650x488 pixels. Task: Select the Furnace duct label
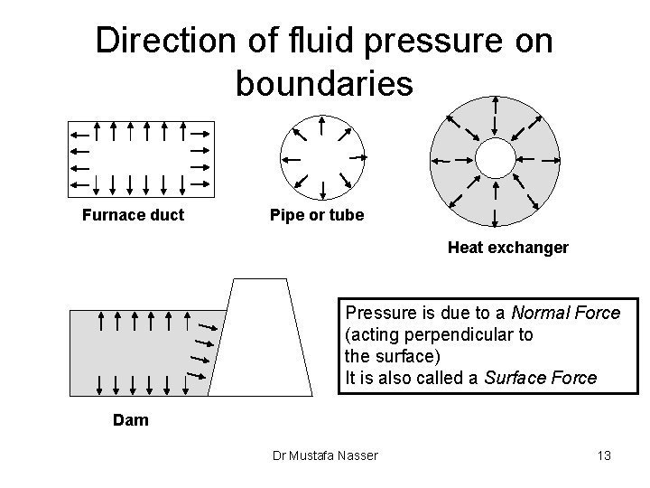(x=133, y=215)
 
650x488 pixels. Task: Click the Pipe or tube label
(x=317, y=215)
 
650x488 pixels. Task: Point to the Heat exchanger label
(x=508, y=247)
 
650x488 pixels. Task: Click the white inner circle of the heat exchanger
(x=494, y=158)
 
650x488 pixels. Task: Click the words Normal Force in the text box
(x=566, y=314)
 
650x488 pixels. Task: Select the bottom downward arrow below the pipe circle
(x=322, y=190)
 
